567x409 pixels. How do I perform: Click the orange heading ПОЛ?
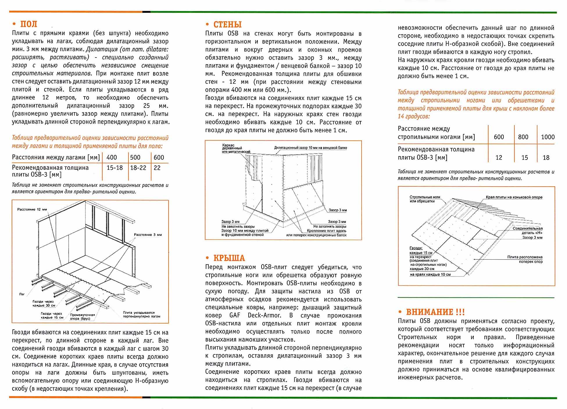(x=28, y=24)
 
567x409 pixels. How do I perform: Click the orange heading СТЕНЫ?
(x=227, y=25)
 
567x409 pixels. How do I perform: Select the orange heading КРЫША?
(x=229, y=258)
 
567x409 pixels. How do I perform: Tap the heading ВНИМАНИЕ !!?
(x=435, y=312)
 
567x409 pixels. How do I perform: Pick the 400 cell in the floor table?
(x=112, y=158)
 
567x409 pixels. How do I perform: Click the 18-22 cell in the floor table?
(x=138, y=168)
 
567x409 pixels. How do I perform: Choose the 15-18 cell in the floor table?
(x=115, y=168)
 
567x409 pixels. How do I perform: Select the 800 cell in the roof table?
(x=523, y=137)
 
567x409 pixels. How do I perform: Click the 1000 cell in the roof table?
(x=548, y=137)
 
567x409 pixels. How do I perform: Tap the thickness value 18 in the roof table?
(x=546, y=158)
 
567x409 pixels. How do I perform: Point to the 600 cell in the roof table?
(x=499, y=137)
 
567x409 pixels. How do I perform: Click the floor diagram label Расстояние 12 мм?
(x=32, y=209)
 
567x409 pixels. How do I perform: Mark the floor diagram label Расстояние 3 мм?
(x=148, y=235)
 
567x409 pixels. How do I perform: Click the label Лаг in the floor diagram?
(x=22, y=294)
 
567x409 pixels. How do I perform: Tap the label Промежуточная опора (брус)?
(x=82, y=317)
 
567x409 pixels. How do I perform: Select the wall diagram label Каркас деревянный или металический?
(x=236, y=148)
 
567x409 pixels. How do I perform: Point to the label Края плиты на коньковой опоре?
(x=514, y=197)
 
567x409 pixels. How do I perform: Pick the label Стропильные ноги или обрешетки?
(x=425, y=199)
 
